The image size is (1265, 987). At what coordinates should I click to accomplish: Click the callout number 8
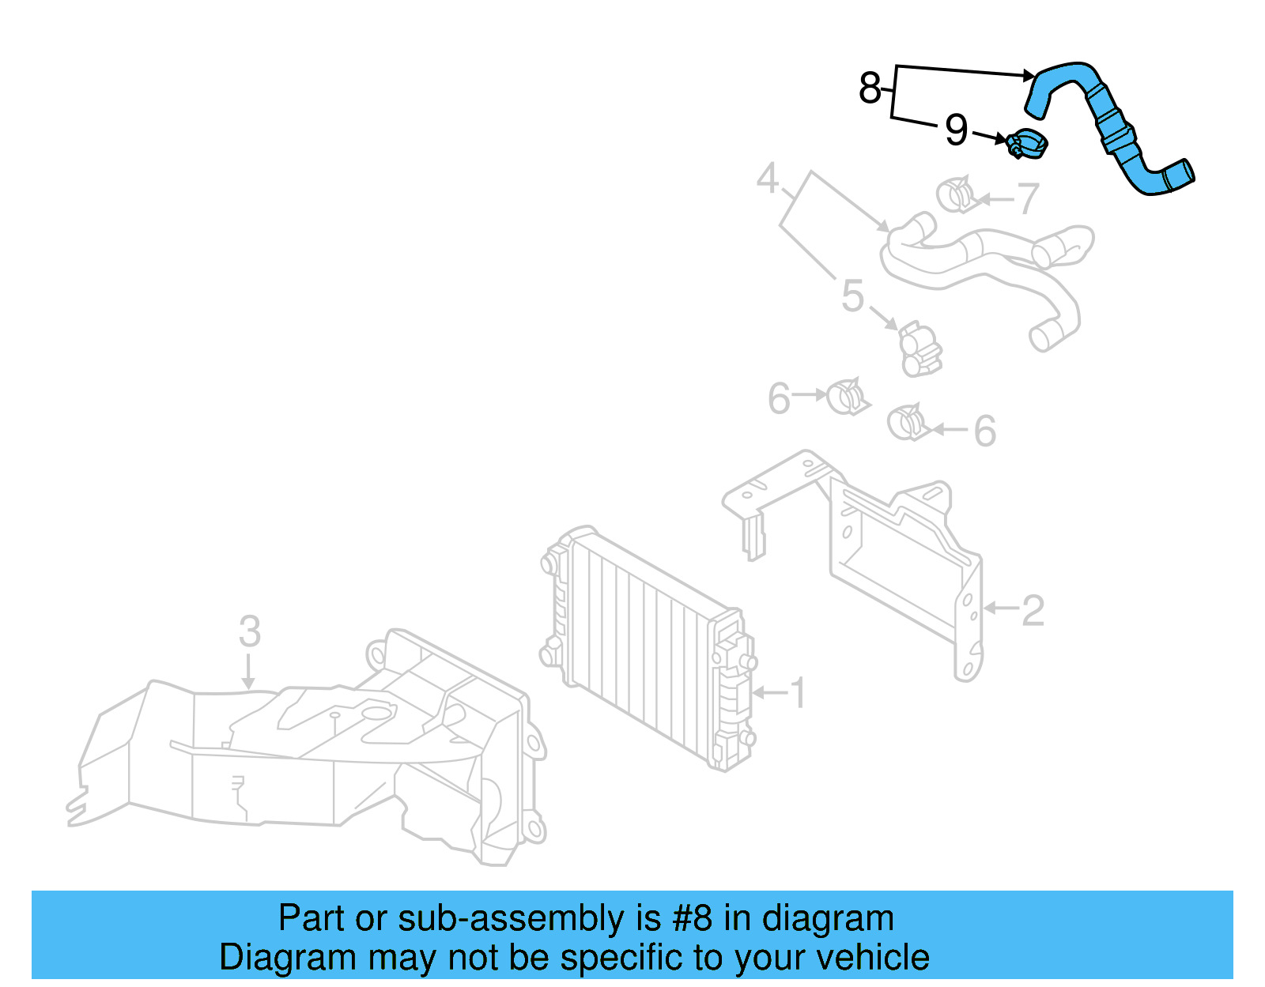(869, 88)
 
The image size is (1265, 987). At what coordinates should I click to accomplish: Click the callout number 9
(956, 130)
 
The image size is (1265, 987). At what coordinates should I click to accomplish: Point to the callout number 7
(1027, 198)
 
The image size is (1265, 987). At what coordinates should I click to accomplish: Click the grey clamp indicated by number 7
(957, 195)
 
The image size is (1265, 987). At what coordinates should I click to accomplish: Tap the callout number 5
(852, 296)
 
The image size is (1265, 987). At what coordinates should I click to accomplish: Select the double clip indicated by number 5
(919, 348)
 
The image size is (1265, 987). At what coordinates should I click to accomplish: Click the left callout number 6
(779, 398)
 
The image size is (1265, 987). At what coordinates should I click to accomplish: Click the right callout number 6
(984, 431)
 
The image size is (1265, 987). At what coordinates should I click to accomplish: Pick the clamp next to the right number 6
(907, 423)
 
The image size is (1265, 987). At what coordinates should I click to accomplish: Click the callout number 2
(1033, 611)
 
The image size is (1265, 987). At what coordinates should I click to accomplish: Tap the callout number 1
(799, 693)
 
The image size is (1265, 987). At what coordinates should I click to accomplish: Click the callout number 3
(249, 632)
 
